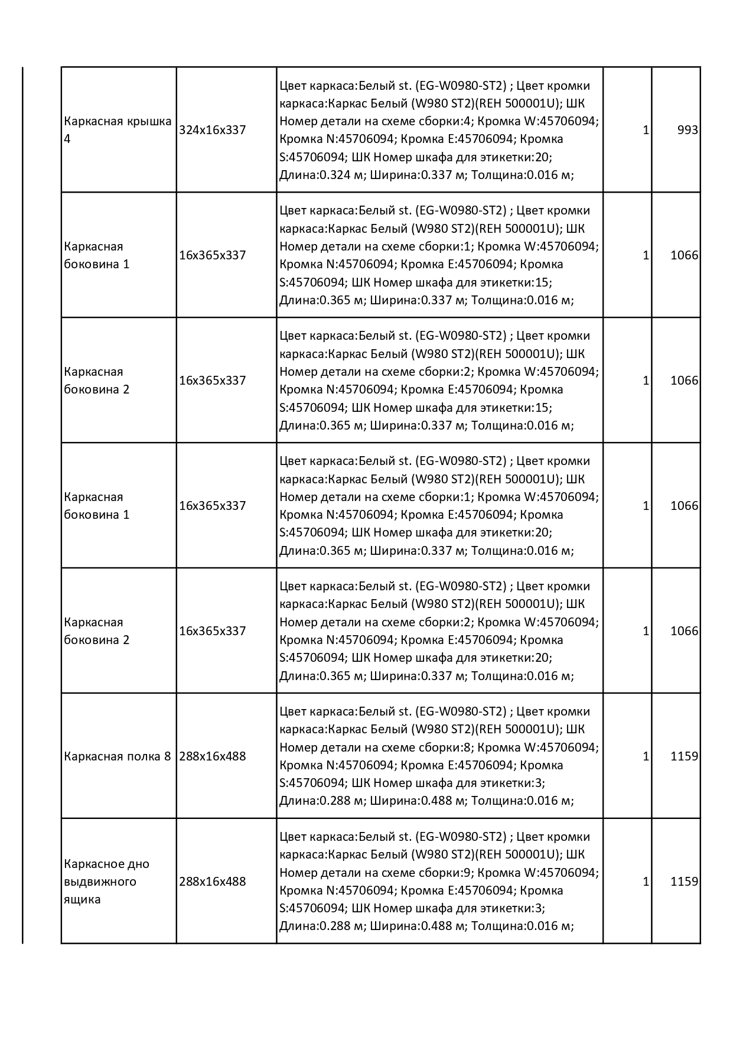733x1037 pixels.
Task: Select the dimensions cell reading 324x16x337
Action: pyautogui.click(x=212, y=130)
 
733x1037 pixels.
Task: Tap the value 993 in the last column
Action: pyautogui.click(x=688, y=130)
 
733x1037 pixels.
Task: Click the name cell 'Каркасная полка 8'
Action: pyautogui.click(x=117, y=756)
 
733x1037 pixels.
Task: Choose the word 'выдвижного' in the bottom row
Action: pyautogui.click(x=100, y=882)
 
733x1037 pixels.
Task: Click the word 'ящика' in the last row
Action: pyautogui.click(x=82, y=899)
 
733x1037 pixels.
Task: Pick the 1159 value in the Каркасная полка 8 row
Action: pyautogui.click(x=684, y=756)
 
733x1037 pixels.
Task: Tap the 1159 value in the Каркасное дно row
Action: pyautogui.click(x=684, y=882)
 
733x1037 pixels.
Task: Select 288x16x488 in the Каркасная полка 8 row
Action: pyautogui.click(x=212, y=756)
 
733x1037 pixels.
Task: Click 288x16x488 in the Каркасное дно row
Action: pyautogui.click(x=212, y=882)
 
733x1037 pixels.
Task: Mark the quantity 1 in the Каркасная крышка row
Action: pyautogui.click(x=646, y=130)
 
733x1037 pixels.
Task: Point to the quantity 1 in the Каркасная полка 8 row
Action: pyautogui.click(x=646, y=756)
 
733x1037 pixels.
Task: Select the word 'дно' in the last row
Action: pyautogui.click(x=138, y=864)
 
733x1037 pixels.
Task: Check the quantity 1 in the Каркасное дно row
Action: pyautogui.click(x=646, y=882)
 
